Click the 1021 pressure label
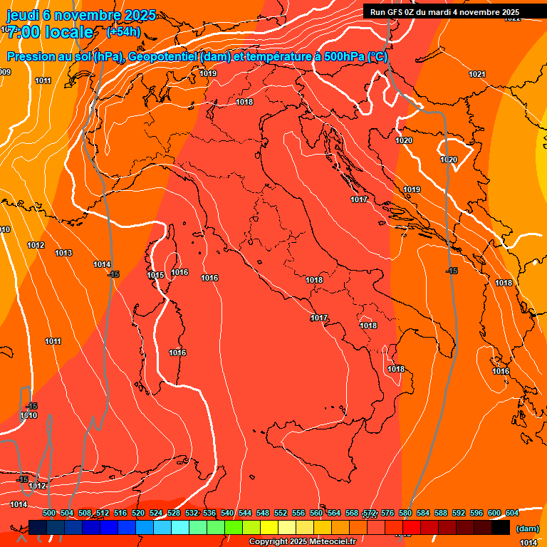(x=476, y=75)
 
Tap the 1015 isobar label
(x=155, y=276)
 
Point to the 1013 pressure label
(x=63, y=253)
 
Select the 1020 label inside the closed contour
(x=448, y=160)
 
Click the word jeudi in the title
(x=23, y=15)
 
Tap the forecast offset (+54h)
(x=123, y=32)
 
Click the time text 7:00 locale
(x=50, y=32)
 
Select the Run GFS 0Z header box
(x=444, y=12)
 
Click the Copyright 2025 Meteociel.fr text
(x=303, y=542)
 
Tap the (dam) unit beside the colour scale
(x=527, y=528)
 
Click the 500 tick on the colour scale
(x=49, y=514)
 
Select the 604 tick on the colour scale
(x=511, y=514)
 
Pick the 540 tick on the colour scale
(x=227, y=514)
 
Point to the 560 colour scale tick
(x=316, y=514)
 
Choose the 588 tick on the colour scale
(x=440, y=514)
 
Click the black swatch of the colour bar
(x=501, y=528)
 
